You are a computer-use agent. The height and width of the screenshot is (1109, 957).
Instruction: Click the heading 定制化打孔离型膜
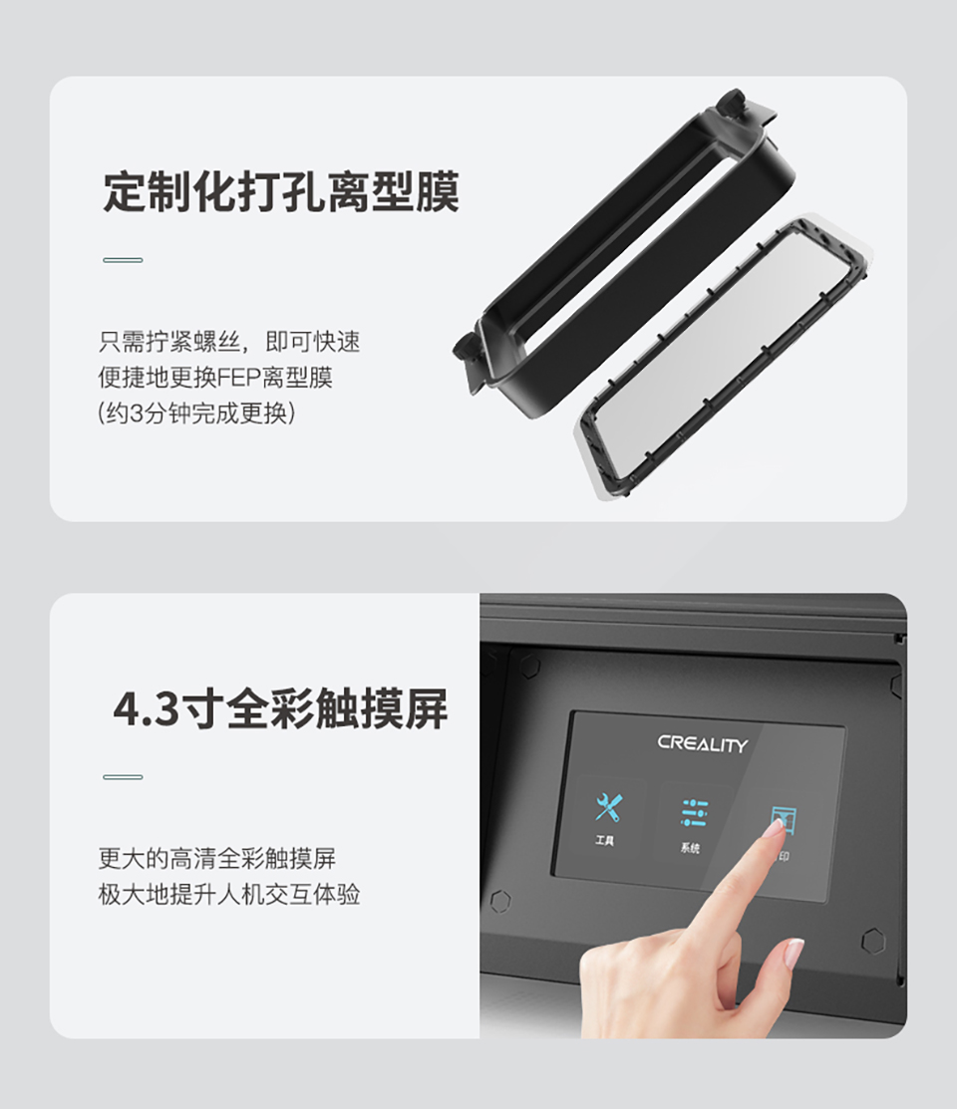pos(281,191)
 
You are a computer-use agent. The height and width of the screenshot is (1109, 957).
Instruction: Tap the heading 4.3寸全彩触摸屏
pos(280,708)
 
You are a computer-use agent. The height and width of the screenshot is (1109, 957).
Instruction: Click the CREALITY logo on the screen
pos(702,744)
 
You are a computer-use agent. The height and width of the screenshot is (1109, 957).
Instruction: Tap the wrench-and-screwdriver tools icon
pos(608,807)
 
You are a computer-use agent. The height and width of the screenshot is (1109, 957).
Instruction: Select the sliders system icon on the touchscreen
pos(695,813)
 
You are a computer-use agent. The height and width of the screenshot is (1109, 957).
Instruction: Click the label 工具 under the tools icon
pos(604,840)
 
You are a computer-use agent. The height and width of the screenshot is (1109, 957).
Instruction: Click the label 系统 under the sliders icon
pos(690,847)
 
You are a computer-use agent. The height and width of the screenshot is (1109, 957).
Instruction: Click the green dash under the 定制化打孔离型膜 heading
pos(124,260)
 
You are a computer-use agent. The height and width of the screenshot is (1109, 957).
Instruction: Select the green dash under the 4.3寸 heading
pos(124,777)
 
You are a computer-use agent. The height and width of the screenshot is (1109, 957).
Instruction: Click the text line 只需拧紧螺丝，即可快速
pos(229,343)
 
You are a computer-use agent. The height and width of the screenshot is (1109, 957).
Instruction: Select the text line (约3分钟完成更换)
pos(196,414)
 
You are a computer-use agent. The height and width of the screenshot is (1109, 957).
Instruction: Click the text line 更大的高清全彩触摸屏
pos(216,859)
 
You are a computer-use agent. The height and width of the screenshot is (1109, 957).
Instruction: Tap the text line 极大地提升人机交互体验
pos(229,895)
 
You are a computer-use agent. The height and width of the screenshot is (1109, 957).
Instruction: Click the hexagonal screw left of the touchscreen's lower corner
pos(500,901)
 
